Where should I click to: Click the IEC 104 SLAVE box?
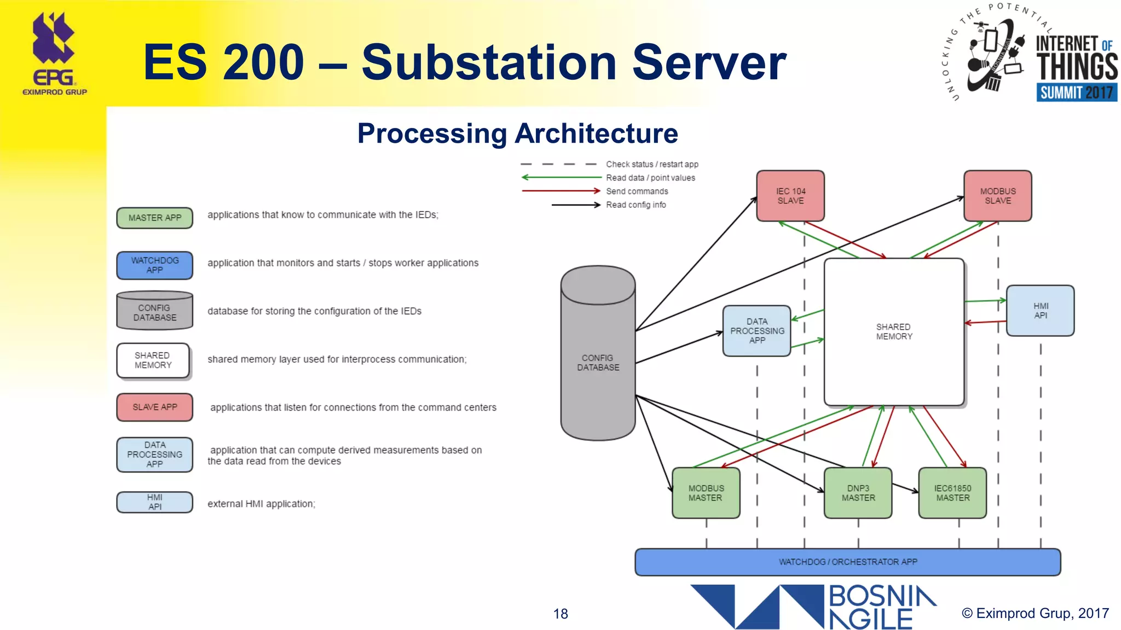[790, 196]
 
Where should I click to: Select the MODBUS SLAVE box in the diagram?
[997, 196]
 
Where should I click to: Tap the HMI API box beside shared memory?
[1040, 311]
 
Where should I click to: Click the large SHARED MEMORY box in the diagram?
[894, 331]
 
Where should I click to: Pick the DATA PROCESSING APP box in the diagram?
[757, 331]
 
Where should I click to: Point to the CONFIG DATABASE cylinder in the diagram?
[598, 362]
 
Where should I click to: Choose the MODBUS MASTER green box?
[706, 493]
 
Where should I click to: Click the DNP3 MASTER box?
[858, 493]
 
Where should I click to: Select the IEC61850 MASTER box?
[952, 493]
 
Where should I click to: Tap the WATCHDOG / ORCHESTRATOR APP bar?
[847, 562]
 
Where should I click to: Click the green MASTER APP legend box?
[154, 218]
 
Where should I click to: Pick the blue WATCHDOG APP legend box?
[154, 265]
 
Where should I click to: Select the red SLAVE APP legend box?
[154, 407]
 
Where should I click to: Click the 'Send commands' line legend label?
[637, 191]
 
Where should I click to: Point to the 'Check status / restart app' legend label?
[651, 164]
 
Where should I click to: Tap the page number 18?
[560, 614]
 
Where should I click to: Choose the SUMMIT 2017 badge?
[1076, 92]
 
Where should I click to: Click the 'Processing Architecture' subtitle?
[517, 133]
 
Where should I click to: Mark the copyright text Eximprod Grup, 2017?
[1035, 613]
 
